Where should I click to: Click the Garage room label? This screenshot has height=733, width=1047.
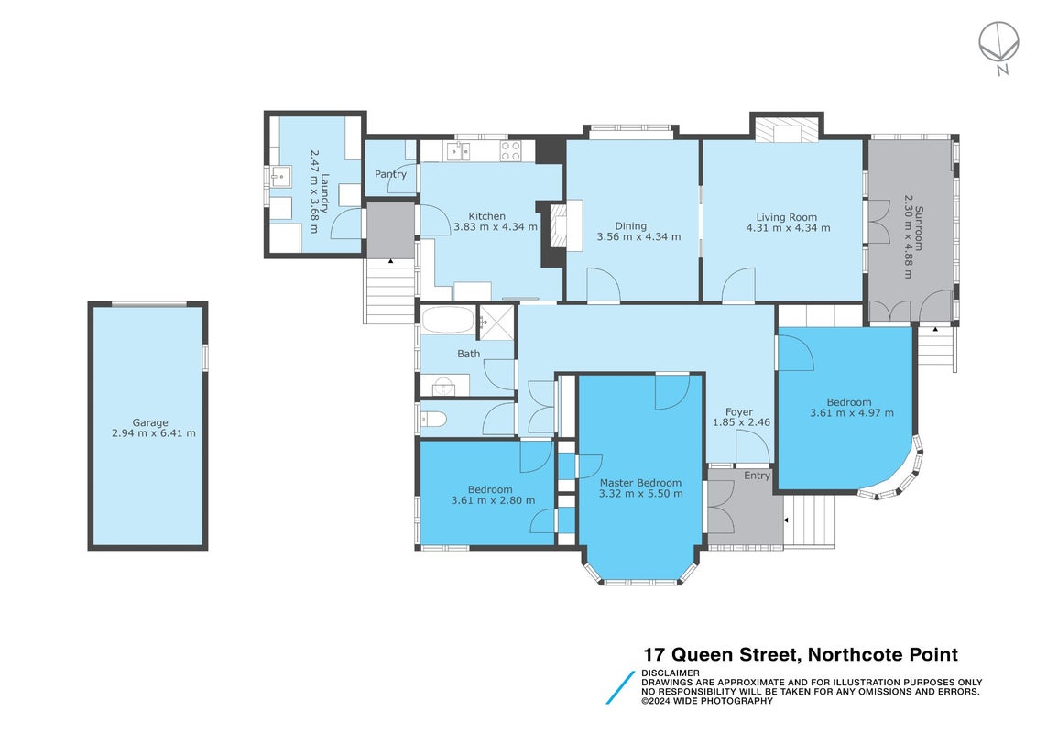click(x=150, y=422)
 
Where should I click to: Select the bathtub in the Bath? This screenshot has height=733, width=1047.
click(x=447, y=320)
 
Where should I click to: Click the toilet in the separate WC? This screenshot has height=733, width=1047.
click(x=434, y=420)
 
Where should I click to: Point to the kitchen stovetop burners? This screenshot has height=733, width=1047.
click(x=511, y=151)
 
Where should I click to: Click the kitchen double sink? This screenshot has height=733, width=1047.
click(x=458, y=151)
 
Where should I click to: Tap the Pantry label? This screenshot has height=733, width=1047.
click(x=390, y=174)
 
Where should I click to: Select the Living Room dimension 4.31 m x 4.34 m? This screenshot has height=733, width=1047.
click(x=788, y=228)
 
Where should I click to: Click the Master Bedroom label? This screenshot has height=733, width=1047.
click(x=640, y=483)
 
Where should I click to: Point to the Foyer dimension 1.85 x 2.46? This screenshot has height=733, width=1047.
click(x=741, y=422)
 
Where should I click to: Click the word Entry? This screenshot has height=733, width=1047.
click(x=758, y=476)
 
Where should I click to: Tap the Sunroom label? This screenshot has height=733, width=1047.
click(x=920, y=228)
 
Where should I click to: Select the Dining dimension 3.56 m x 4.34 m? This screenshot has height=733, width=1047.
click(x=639, y=236)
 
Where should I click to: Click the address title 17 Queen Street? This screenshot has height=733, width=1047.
click(x=721, y=654)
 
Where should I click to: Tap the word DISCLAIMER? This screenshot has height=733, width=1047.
click(x=671, y=673)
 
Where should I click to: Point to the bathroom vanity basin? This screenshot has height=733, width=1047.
click(x=442, y=386)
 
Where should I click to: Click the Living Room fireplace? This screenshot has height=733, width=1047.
click(x=787, y=129)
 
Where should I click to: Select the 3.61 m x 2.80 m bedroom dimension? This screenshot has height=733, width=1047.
click(x=493, y=500)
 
